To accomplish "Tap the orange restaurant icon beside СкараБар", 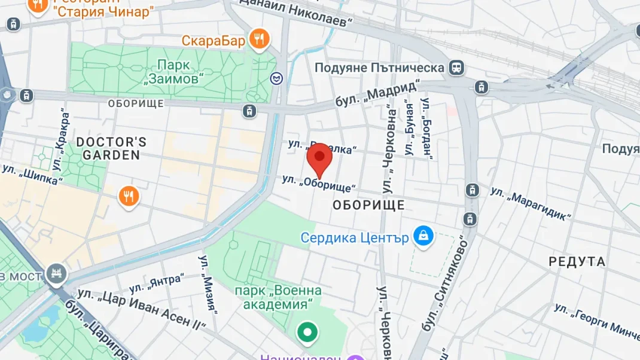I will click(259, 40).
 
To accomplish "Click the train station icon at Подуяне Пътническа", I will click(457, 68).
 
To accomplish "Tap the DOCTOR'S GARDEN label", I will click(111, 148).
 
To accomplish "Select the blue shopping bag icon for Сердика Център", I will click(423, 236).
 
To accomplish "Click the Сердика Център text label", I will click(355, 237).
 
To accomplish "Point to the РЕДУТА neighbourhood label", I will click(577, 261).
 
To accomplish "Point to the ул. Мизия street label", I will click(207, 285).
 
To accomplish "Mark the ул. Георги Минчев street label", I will click(596, 319).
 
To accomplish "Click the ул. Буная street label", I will click(409, 129).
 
